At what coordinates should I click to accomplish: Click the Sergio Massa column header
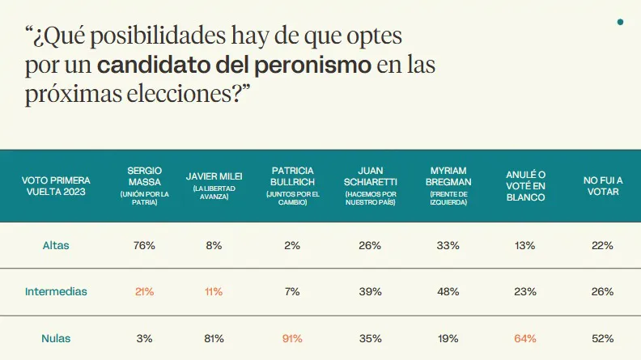(145, 185)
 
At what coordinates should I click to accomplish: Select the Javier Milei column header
(214, 185)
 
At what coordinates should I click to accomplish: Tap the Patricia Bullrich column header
(292, 185)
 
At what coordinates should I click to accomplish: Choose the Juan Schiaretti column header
(370, 185)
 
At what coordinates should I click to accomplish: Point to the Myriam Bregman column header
(448, 185)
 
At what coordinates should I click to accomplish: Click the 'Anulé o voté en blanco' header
(525, 185)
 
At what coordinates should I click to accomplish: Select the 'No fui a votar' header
(602, 185)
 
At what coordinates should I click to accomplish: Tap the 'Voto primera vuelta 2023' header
(56, 185)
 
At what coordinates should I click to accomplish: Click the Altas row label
(56, 245)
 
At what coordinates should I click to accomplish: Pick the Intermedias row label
(56, 291)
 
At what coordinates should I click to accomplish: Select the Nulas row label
(56, 338)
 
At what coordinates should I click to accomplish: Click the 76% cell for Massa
(145, 245)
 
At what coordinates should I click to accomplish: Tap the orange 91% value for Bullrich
(292, 338)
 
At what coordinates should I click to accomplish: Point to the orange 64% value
(525, 338)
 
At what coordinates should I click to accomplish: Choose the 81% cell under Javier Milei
(214, 338)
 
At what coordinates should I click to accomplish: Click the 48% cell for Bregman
(448, 291)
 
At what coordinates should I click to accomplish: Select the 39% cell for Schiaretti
(370, 291)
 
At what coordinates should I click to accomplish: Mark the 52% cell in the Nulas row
(602, 338)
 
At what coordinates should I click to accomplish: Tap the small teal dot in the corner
(620, 22)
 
